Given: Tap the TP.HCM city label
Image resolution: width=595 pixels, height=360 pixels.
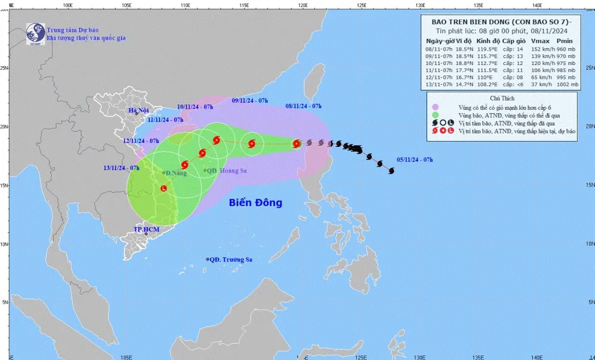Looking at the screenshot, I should tap(145, 228).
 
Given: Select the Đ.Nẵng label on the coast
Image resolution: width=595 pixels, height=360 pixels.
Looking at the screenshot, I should tap(176, 173).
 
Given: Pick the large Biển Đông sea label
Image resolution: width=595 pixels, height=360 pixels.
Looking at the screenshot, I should tap(255, 203).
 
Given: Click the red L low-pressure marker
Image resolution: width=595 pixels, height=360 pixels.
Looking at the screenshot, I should tap(164, 189).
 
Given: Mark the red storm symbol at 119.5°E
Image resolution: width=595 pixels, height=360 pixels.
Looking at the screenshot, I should tap(296, 143).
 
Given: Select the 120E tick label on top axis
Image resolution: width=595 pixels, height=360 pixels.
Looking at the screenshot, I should tap(302, 4).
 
